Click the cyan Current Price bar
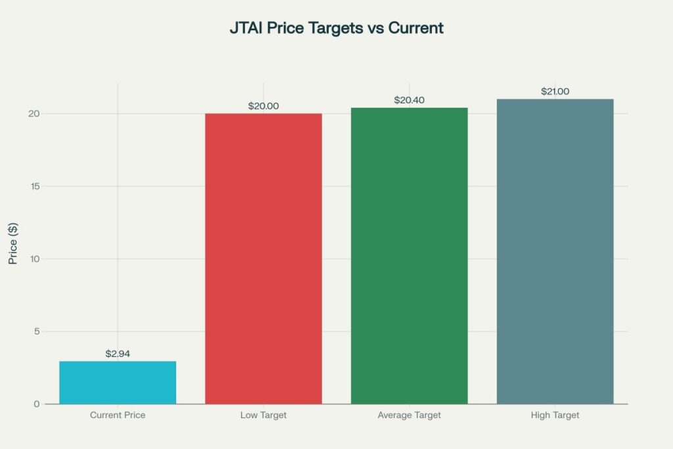pos(118,383)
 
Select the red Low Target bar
pos(264,258)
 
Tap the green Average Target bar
pos(409,256)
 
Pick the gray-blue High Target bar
pos(555,251)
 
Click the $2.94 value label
pos(118,354)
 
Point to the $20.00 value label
pos(264,106)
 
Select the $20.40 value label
pos(409,100)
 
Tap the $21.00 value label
pos(555,91)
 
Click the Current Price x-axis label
pos(118,415)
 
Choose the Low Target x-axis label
pos(264,415)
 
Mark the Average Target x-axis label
pos(409,415)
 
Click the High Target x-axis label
pos(555,415)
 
